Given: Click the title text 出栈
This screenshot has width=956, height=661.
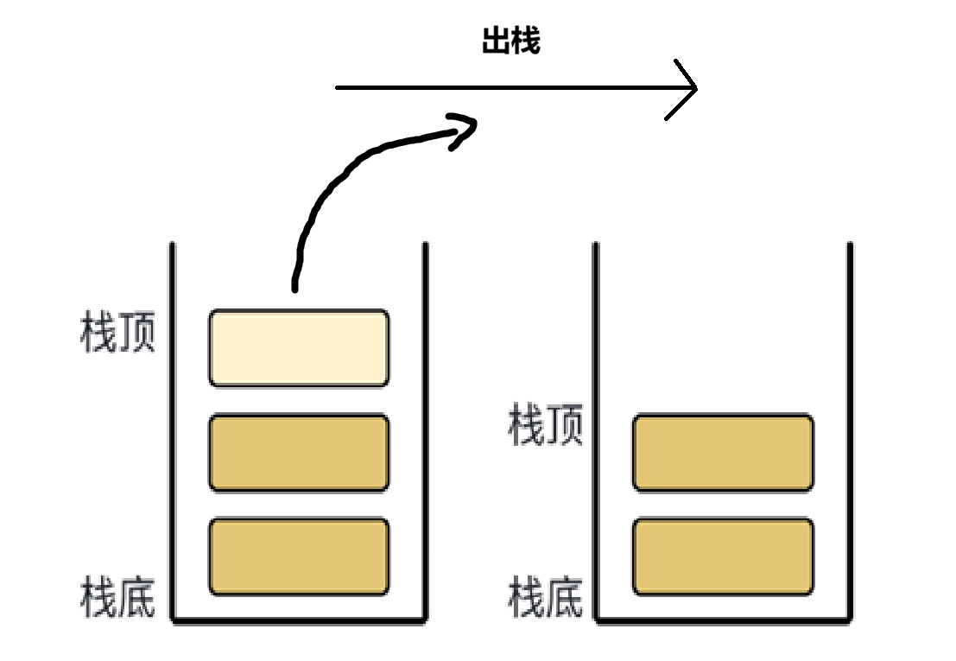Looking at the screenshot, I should pyautogui.click(x=511, y=41).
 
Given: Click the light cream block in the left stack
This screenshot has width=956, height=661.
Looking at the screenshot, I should pyautogui.click(x=299, y=347).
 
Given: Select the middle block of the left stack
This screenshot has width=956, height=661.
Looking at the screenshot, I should pyautogui.click(x=299, y=453).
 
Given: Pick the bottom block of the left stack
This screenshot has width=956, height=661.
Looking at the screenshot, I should pyautogui.click(x=299, y=556).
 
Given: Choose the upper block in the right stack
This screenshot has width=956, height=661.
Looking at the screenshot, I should pyautogui.click(x=723, y=453).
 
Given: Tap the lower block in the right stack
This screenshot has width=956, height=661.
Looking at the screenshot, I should pyautogui.click(x=723, y=556).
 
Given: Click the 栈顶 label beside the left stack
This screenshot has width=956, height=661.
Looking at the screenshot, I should pyautogui.click(x=117, y=334).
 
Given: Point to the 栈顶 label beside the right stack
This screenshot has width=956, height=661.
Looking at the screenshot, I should pyautogui.click(x=546, y=427).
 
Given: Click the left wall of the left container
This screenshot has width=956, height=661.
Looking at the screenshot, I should pyautogui.click(x=173, y=432).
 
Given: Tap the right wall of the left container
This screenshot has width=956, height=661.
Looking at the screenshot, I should pyautogui.click(x=425, y=432).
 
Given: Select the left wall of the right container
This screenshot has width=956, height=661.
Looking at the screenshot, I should pyautogui.click(x=596, y=432).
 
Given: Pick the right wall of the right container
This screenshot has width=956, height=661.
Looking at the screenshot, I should pyautogui.click(x=850, y=432).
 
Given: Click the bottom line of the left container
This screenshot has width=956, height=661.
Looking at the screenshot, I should pyautogui.click(x=299, y=620).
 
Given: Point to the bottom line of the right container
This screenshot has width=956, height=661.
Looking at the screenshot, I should pyautogui.click(x=723, y=620).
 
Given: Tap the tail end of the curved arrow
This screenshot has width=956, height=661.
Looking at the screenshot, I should pyautogui.click(x=295, y=285).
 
